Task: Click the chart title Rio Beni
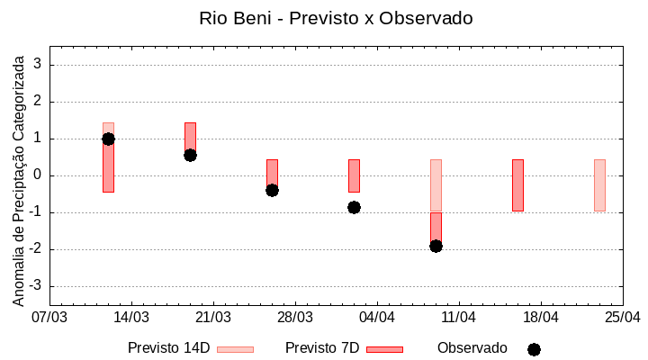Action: [x=336, y=18]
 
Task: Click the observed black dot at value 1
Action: [x=108, y=139]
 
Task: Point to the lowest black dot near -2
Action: [x=436, y=246]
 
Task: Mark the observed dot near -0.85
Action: [x=354, y=207]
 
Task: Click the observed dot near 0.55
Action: [x=190, y=155]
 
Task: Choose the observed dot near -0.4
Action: [x=272, y=190]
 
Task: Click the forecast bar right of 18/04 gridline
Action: [x=517, y=184]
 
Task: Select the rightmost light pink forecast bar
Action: [x=599, y=184]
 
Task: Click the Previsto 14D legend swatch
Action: [x=235, y=349]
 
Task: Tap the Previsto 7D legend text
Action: [x=322, y=348]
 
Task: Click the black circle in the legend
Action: [x=534, y=349]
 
